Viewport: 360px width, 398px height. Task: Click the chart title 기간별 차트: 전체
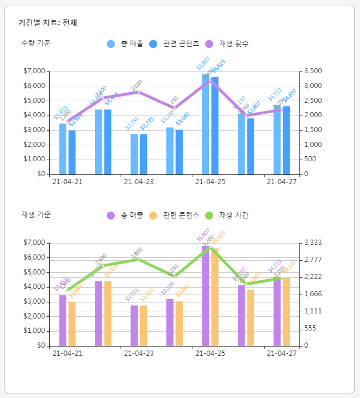tap(47, 23)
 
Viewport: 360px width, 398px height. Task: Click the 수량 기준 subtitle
tap(35, 43)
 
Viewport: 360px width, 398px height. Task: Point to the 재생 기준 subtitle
tap(35, 214)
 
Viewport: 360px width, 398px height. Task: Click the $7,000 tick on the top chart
tap(34, 71)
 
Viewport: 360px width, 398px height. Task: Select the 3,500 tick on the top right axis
tap(312, 71)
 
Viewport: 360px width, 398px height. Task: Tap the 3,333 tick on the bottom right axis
tap(312, 242)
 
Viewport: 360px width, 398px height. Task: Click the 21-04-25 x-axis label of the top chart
tap(210, 182)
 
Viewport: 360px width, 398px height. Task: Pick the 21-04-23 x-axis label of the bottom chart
tap(138, 353)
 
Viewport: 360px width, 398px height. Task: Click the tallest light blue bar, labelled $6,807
tap(206, 126)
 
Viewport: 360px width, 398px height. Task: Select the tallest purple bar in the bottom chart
tap(206, 297)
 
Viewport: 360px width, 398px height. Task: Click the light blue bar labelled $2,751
tap(134, 154)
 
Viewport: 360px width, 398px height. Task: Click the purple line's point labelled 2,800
tap(139, 92)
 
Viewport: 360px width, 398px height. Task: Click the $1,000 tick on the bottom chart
tap(34, 331)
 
